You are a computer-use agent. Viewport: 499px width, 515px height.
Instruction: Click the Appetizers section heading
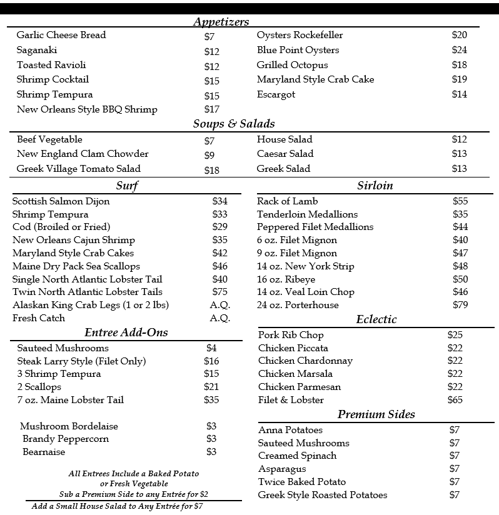click(221, 22)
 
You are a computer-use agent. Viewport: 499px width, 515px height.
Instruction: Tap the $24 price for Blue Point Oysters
click(459, 50)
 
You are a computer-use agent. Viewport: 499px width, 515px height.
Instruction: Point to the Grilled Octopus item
click(292, 65)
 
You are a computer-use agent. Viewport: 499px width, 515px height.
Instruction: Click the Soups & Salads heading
click(233, 124)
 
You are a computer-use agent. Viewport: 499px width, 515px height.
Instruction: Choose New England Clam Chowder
click(83, 154)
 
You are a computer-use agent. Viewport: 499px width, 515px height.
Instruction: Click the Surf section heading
click(127, 186)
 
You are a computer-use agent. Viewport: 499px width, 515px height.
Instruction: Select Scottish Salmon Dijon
click(61, 201)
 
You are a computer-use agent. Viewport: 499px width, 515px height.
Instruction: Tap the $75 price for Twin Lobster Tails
click(219, 292)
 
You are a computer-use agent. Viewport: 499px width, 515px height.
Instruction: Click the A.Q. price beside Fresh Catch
click(219, 318)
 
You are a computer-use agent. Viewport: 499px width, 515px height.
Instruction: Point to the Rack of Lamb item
click(287, 201)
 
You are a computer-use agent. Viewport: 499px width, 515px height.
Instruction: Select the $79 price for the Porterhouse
click(460, 305)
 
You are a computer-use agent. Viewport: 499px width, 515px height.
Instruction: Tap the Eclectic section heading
click(376, 319)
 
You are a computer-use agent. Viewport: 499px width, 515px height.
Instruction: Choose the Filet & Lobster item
click(291, 400)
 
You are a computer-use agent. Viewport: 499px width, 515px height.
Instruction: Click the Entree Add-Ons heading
click(126, 332)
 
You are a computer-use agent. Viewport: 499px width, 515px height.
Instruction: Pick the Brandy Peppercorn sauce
click(66, 439)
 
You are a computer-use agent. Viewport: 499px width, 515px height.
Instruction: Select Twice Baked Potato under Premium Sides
click(301, 482)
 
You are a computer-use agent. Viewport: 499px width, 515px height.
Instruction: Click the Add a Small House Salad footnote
click(117, 506)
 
